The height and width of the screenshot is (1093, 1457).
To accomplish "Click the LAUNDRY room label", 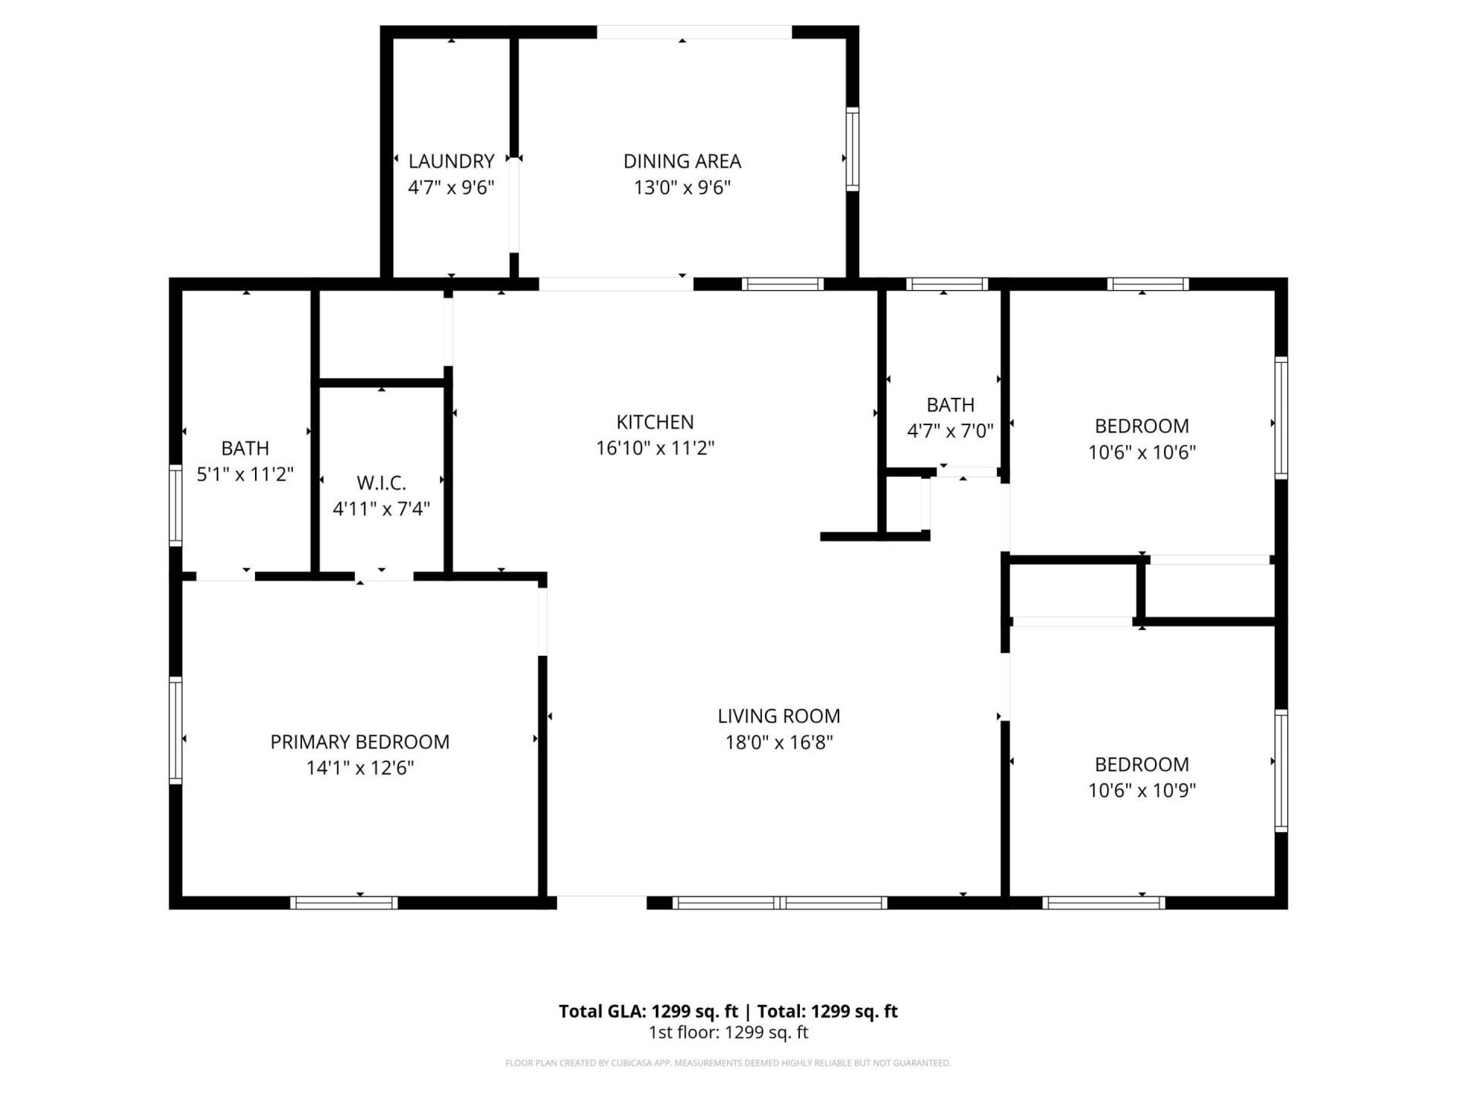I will click(x=451, y=161).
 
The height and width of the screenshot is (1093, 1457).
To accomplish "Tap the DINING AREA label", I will click(x=681, y=161).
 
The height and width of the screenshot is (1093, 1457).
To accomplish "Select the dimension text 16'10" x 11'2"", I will click(x=655, y=448).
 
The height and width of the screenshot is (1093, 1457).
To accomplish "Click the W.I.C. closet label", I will click(x=381, y=483).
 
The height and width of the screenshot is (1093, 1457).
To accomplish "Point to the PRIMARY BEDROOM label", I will click(x=360, y=742).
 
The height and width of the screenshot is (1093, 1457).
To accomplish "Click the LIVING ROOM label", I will click(x=779, y=716).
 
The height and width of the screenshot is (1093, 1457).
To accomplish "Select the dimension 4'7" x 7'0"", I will click(x=950, y=431).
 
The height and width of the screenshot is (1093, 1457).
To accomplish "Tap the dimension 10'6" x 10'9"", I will click(x=1141, y=790).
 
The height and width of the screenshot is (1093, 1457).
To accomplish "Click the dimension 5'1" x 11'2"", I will click(x=245, y=474).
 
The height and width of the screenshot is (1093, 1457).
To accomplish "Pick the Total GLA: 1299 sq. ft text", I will click(x=648, y=1011).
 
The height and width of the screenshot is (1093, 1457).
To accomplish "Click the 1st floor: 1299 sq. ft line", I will click(x=728, y=1032).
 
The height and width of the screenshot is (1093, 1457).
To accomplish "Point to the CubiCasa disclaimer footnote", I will click(x=728, y=1063).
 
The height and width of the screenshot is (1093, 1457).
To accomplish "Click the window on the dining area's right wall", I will click(x=852, y=149).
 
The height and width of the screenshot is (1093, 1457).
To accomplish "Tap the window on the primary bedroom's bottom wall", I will click(x=344, y=902).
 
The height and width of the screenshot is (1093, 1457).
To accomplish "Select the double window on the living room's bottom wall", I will click(x=780, y=902).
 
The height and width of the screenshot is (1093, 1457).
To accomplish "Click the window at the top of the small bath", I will click(x=946, y=285).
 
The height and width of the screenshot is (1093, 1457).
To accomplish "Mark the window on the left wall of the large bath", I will click(x=175, y=505).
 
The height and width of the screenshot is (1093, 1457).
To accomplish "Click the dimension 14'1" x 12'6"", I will click(x=360, y=768).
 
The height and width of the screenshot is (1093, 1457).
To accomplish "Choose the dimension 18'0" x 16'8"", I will click(x=779, y=742).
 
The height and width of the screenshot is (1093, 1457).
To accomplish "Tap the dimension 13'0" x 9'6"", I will click(x=681, y=187).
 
